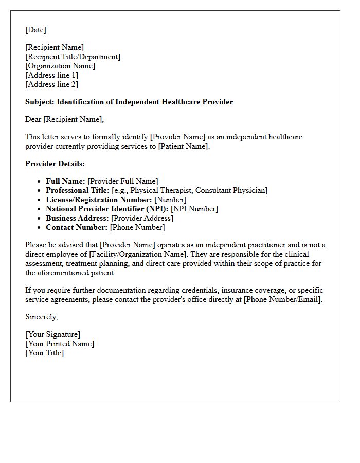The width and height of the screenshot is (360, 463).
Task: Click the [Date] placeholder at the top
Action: (35, 30)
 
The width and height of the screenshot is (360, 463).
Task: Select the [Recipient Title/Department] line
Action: (73, 57)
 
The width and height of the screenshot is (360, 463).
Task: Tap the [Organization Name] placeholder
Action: (60, 66)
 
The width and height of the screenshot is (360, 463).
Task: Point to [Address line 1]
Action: (51, 75)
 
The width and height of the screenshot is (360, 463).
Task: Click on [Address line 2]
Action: (51, 84)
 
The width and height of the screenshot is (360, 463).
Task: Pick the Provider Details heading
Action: (55, 164)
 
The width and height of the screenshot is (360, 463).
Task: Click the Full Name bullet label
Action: (65, 181)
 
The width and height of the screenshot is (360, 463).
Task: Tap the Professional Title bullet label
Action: (77, 190)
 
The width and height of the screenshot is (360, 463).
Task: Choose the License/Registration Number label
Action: (99, 200)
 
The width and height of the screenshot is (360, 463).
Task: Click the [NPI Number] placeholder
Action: (194, 209)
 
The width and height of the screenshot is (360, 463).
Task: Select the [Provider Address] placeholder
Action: (142, 218)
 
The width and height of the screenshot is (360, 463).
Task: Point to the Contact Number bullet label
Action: (77, 227)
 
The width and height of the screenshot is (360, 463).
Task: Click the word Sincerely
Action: (41, 317)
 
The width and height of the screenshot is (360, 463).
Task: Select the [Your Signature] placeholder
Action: (52, 334)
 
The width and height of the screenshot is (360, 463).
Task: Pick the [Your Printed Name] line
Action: (60, 344)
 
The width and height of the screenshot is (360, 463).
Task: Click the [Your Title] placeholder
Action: (44, 353)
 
